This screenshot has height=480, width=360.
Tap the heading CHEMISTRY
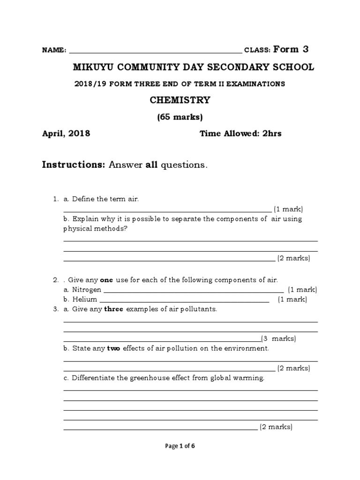pos(180,100)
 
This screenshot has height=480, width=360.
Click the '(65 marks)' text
pos(180,117)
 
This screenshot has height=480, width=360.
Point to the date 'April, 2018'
pos(66,134)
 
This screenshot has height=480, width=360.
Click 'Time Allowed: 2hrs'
pos(240,134)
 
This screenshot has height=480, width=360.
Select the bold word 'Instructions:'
pos(74,165)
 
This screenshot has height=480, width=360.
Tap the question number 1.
pos(55,199)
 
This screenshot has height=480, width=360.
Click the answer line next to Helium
pos(185,302)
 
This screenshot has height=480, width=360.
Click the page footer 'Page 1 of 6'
pos(180,446)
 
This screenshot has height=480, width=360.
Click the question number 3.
pos(55,309)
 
